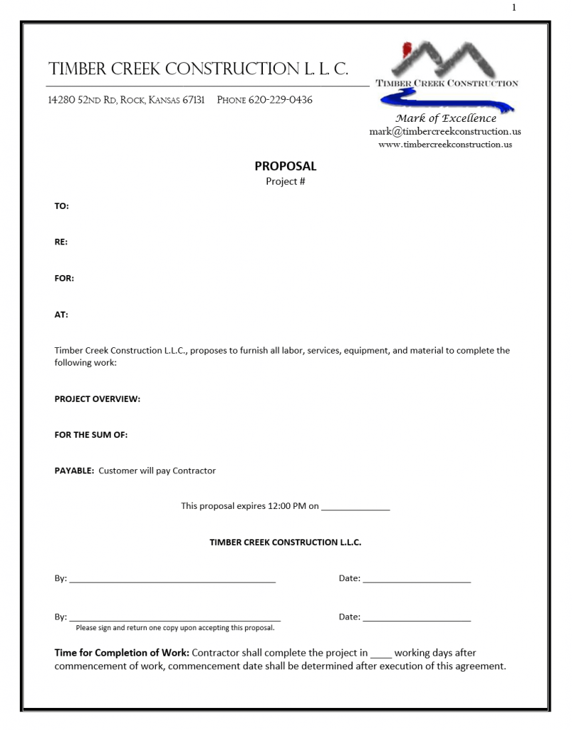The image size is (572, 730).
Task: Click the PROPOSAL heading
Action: pos(286,166)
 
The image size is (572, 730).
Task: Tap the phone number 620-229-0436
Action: pos(280,100)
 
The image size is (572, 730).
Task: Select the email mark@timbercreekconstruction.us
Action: pos(445,131)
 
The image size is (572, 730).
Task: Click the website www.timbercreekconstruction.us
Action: pos(445,144)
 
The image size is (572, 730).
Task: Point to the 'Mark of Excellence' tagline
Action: pos(446,118)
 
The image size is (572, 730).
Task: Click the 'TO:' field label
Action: pos(62,206)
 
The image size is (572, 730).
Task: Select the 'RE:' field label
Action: pos(61,242)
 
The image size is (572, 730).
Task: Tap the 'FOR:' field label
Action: pos(64,278)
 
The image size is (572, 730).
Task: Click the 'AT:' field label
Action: pos(61,314)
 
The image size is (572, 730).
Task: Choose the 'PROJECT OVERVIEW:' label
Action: pos(98,399)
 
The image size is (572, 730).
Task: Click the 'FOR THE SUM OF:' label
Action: pos(91,435)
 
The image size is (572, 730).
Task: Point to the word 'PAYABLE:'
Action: pos(74,471)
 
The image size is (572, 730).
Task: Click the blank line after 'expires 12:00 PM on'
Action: pos(355,508)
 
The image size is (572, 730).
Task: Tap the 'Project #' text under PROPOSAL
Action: pos(286,182)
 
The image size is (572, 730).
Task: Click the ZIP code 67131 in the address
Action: pos(194,100)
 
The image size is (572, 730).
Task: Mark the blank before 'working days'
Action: pos(381,654)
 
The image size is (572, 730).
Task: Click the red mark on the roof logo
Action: pos(407,51)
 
